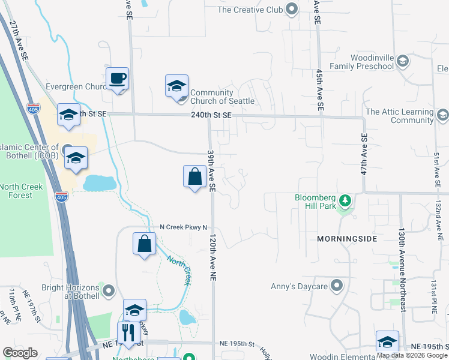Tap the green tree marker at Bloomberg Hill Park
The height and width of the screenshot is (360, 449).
coord(345,200)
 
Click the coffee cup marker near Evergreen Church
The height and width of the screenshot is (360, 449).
coord(118,79)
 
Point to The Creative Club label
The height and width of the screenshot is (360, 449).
coord(250,10)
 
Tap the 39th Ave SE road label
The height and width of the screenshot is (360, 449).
coord(211,170)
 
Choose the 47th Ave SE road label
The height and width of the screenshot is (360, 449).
coord(364,154)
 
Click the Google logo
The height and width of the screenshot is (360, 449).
coord(20,353)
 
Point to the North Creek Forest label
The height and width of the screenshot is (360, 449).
coord(22,191)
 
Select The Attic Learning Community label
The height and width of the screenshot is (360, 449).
coord(399,116)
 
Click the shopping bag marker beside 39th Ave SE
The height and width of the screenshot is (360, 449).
coord(194,177)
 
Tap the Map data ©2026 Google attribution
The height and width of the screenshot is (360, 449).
coord(412,355)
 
